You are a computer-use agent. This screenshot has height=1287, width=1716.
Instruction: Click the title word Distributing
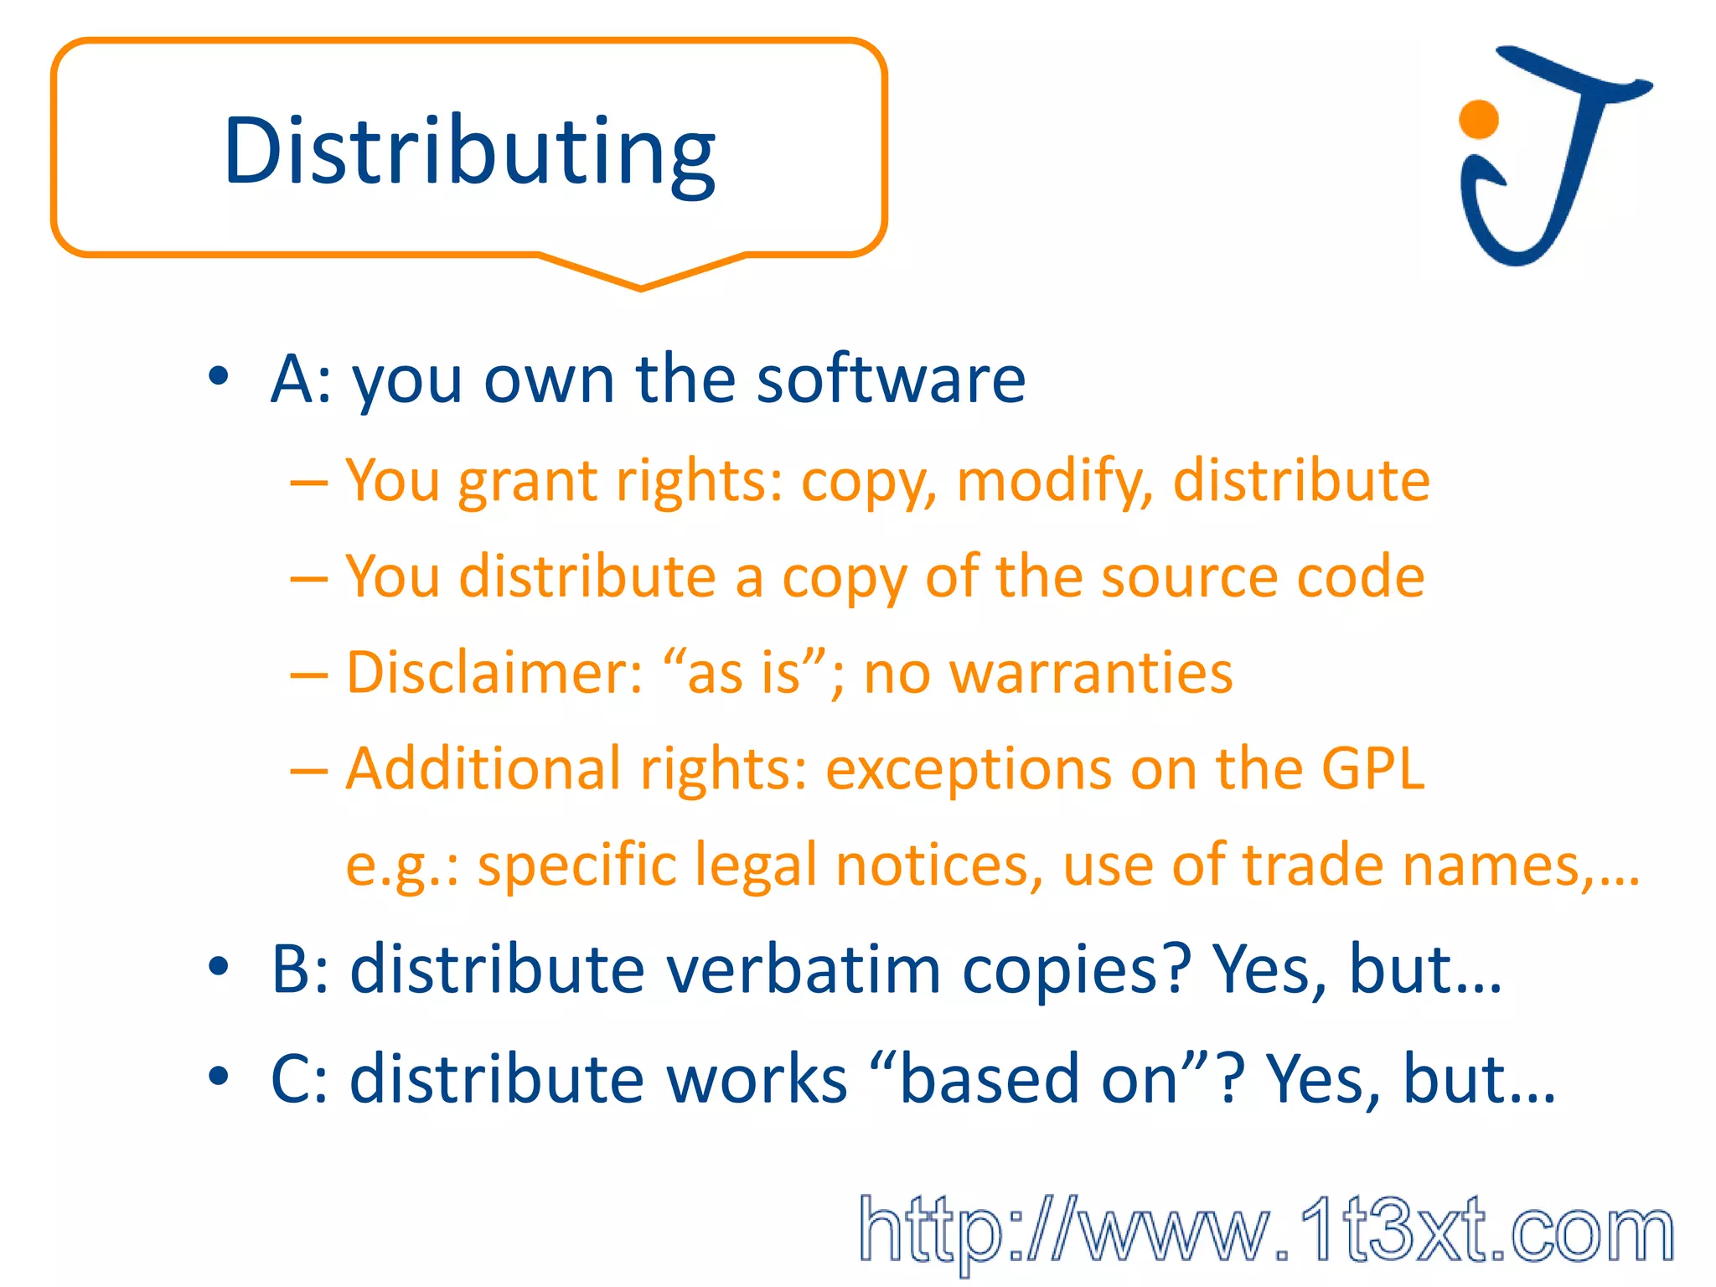point(469,152)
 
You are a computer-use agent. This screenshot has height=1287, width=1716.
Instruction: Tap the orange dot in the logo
point(1478,119)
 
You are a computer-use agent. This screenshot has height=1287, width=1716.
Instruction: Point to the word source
point(1189,576)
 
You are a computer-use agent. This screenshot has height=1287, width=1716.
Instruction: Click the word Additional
point(483,768)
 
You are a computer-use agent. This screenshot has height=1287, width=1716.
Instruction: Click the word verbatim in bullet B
point(804,969)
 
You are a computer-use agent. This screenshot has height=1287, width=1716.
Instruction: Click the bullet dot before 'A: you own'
point(219,376)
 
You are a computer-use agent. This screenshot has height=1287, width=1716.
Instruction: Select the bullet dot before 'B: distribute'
point(219,967)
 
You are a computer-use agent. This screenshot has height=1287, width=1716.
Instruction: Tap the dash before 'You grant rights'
point(308,483)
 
